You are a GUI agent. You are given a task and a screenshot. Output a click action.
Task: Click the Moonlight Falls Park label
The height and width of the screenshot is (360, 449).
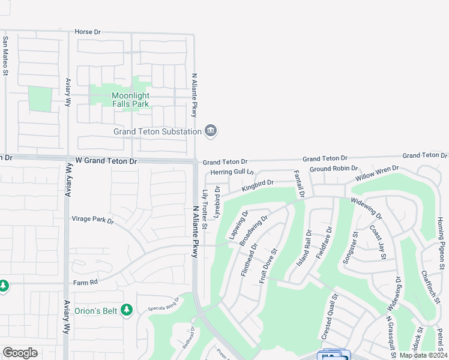(x=130, y=100)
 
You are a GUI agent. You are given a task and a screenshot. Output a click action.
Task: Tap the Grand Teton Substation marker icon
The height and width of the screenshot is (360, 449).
(x=210, y=131)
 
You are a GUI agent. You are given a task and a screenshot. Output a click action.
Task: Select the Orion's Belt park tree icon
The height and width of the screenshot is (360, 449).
(x=126, y=310)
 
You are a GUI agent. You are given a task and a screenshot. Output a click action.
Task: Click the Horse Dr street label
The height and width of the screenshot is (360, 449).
(x=88, y=31)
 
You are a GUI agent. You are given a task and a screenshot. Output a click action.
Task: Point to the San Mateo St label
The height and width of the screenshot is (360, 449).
(x=5, y=56)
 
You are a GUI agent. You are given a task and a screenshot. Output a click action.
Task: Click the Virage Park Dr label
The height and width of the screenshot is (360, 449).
(x=92, y=220)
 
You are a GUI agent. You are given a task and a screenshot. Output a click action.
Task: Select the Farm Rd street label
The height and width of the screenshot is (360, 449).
(x=85, y=282)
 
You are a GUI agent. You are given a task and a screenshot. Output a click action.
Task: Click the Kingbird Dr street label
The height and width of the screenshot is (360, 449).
(x=258, y=185)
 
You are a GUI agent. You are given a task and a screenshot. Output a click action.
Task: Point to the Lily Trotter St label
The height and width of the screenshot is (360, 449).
(x=205, y=210)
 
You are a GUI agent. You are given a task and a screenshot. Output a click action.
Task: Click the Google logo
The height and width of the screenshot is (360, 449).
(x=20, y=353)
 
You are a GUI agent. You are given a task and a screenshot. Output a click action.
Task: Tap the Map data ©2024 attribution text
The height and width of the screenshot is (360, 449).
(x=423, y=355)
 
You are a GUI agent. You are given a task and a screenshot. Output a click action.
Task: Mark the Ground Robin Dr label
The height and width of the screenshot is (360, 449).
(x=333, y=169)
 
